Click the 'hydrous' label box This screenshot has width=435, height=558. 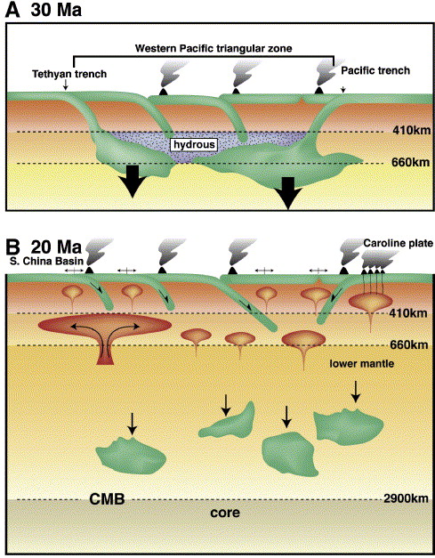(x=194, y=144)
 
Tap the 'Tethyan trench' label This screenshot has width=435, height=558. (x=69, y=74)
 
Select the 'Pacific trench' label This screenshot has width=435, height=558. (x=375, y=70)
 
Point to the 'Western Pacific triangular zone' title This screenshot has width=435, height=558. (x=213, y=48)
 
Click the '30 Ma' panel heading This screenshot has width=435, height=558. (x=56, y=10)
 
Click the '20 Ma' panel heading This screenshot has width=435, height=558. (x=56, y=247)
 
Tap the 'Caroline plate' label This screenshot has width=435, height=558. (x=399, y=244)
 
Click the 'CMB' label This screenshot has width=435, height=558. (x=107, y=499)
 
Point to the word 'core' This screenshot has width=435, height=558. (x=225, y=513)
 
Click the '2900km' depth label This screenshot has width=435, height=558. (x=406, y=498)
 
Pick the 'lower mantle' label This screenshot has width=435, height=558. (x=362, y=364)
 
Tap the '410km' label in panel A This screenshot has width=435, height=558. (x=412, y=130)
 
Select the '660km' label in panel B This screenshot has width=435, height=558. (x=409, y=344)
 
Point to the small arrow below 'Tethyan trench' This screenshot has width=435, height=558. (x=66, y=85)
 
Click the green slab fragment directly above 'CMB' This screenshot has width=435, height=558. (x=131, y=457)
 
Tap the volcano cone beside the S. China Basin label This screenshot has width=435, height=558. (x=89, y=271)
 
